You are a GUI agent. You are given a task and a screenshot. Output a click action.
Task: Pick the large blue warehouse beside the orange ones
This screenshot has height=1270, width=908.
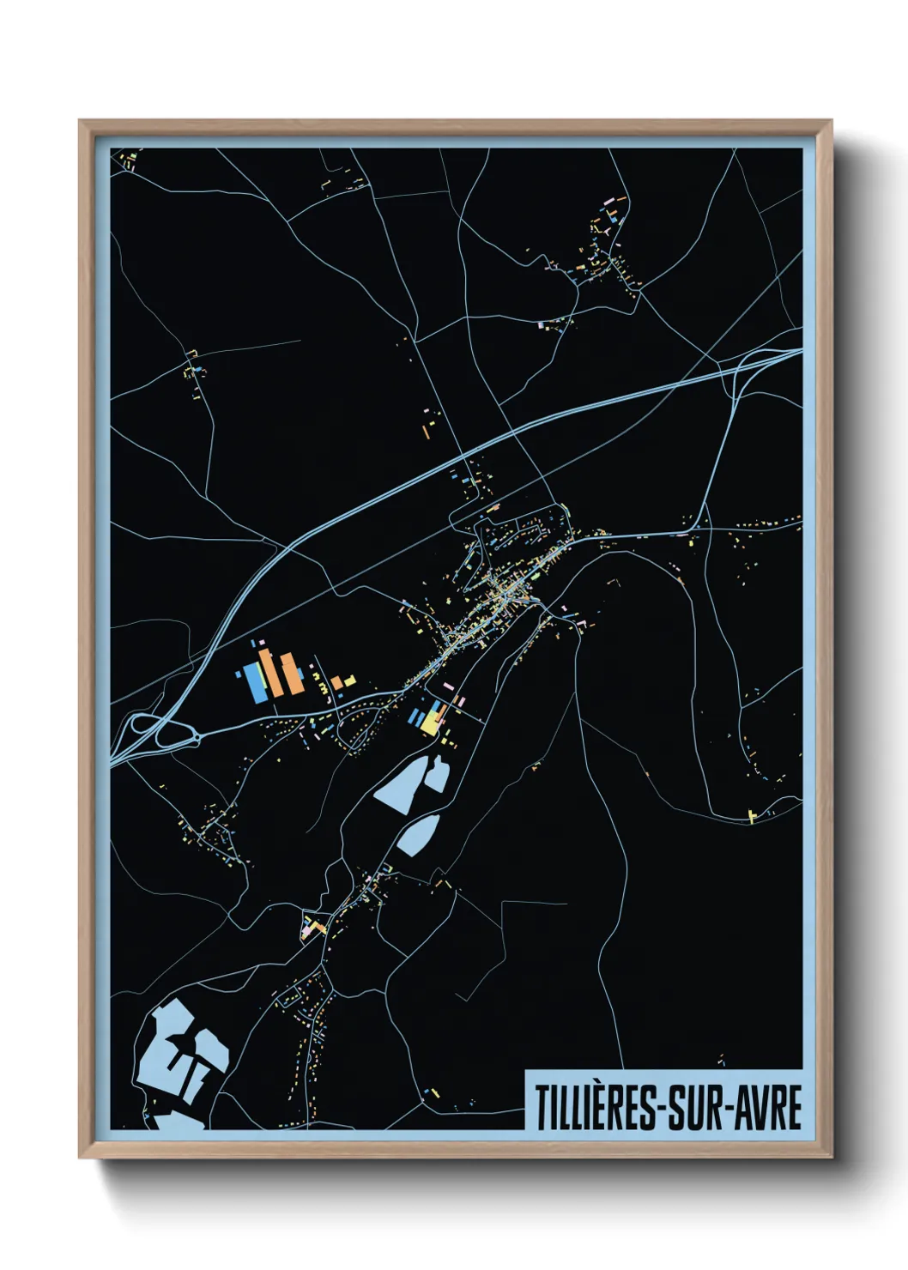tap(254, 682)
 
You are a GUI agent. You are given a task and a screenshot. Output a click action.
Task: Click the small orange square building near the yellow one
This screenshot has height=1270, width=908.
tap(337, 684)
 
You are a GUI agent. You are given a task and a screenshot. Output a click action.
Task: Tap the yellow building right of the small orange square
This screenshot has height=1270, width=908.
tap(350, 681)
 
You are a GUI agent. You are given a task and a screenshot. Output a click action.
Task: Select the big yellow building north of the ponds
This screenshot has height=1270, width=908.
tap(429, 725)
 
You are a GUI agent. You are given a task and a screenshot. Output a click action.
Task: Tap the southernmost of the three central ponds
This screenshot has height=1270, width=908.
tap(418, 835)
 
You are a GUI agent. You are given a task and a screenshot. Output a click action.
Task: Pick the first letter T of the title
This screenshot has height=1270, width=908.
tap(543, 1107)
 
